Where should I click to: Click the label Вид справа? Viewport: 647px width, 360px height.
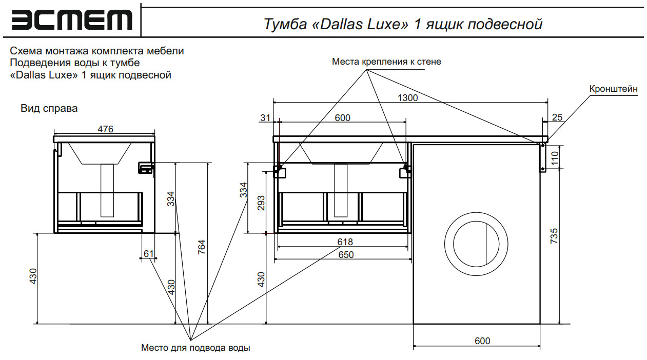pyautogui.click(x=49, y=109)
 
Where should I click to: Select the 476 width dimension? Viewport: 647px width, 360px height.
pyautogui.click(x=105, y=129)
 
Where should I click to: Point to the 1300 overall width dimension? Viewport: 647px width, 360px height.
pyautogui.click(x=408, y=97)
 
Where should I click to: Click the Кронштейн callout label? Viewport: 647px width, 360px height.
pyautogui.click(x=613, y=89)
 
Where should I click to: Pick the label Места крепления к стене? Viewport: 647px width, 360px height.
pyautogui.click(x=386, y=62)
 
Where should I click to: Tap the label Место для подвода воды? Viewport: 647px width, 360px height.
pyautogui.click(x=195, y=348)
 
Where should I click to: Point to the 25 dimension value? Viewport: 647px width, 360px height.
pyautogui.click(x=557, y=117)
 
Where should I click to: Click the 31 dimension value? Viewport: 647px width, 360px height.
pyautogui.click(x=265, y=118)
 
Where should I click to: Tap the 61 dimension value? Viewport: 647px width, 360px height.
pyautogui.click(x=149, y=254)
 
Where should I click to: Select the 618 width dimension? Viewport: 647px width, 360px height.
pyautogui.click(x=345, y=242)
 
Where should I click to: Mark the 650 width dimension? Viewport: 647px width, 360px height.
pyautogui.click(x=346, y=255)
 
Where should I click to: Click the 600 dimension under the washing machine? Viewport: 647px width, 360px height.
pyautogui.click(x=482, y=341)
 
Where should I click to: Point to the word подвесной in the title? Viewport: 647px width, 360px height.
pyautogui.click(x=505, y=24)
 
